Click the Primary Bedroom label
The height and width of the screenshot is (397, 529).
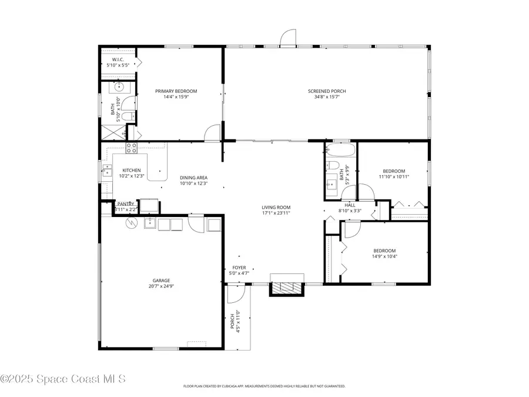[x=176, y=91]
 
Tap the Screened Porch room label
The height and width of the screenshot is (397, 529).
[x=327, y=91]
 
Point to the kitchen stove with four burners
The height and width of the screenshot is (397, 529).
[x=131, y=148]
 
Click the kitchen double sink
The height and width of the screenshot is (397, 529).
[x=108, y=171]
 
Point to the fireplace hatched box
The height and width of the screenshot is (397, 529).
[x=287, y=288]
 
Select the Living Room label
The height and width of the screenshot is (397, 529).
[x=276, y=207]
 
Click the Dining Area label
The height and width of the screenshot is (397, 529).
[x=193, y=178]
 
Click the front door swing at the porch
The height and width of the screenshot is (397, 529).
[x=236, y=292]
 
